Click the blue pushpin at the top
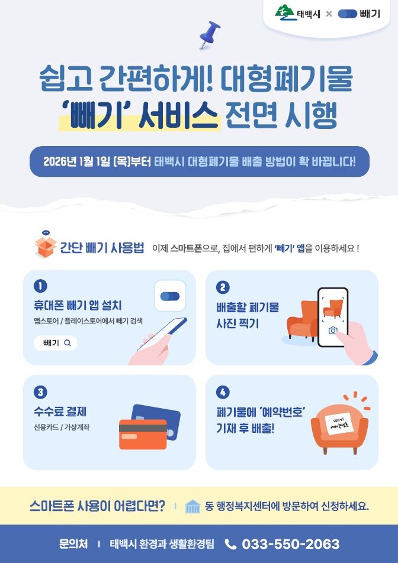coord(210,35)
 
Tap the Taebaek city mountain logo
coord(286,12)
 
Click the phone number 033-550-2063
coord(290,544)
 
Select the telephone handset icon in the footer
coord(230,544)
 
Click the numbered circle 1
coord(40,286)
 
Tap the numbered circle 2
coord(223,287)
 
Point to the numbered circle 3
coord(40,392)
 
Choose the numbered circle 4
coord(223,392)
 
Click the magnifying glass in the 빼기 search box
coord(68,343)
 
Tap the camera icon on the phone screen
coord(333,331)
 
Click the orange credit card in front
coord(143,435)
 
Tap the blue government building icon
coord(192,506)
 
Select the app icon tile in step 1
coord(170,296)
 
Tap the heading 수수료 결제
coord(60,412)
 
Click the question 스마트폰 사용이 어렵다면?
coord(97,506)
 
